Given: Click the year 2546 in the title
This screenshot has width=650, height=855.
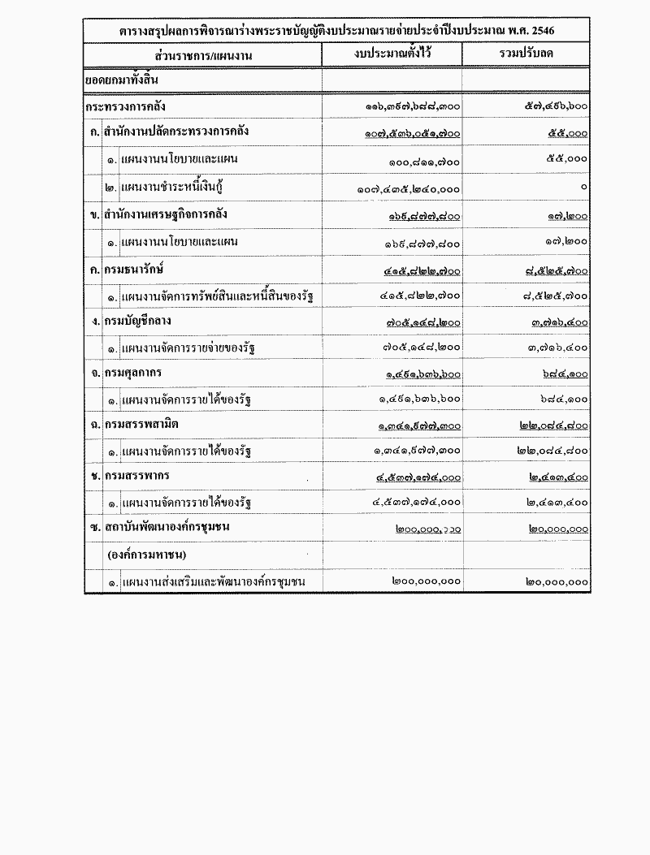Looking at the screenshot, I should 552,31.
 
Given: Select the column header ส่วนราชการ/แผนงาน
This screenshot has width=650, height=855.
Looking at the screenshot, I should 203,55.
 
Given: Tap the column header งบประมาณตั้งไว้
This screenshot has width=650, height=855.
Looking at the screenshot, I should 392,54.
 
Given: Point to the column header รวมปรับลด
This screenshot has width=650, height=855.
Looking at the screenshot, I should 526,55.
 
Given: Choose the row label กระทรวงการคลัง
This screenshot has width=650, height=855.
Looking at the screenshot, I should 131,106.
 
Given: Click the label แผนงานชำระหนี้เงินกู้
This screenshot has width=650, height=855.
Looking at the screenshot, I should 171,188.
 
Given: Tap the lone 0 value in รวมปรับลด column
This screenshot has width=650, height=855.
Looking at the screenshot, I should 584,188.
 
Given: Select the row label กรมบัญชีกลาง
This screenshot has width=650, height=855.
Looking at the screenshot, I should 141,322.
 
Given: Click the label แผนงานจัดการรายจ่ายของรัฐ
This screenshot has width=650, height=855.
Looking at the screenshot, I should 188,350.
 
